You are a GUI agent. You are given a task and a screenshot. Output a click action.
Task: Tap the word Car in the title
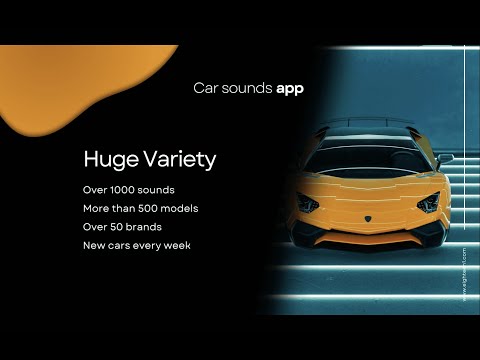(x=205, y=88)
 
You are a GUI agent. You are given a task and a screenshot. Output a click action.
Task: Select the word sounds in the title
(x=245, y=88)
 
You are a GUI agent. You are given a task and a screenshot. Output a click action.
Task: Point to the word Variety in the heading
(x=179, y=159)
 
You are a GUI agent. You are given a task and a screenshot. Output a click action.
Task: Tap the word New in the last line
(x=94, y=245)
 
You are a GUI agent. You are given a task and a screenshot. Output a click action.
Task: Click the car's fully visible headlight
(x=427, y=203)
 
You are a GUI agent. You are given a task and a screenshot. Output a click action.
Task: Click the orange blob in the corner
(x=60, y=85)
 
